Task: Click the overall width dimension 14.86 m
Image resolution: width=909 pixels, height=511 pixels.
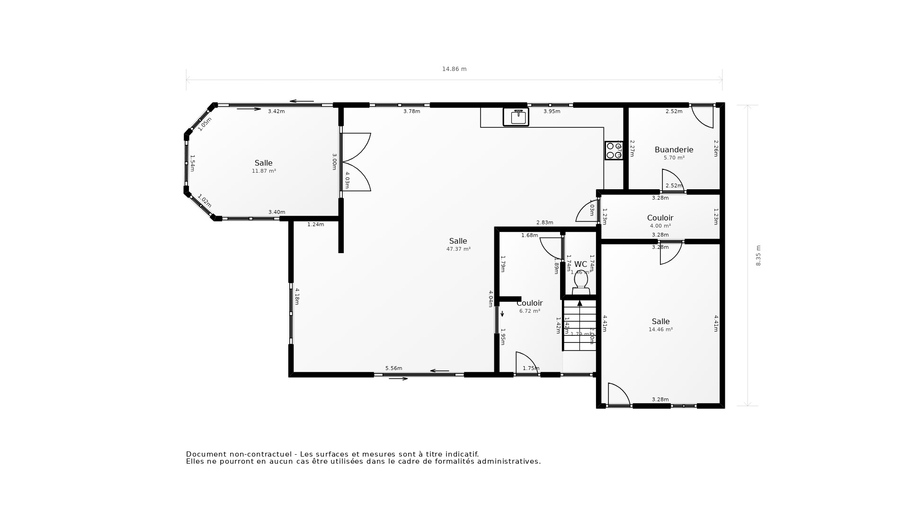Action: [454, 69]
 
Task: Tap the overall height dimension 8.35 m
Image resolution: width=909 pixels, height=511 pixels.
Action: [758, 255]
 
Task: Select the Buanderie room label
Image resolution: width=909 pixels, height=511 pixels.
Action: [674, 150]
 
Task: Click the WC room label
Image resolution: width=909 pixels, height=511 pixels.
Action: [580, 264]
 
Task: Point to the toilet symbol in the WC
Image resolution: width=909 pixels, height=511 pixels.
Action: [581, 283]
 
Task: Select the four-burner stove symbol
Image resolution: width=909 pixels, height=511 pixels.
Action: [614, 150]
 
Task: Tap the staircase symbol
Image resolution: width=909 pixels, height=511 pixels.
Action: [579, 326]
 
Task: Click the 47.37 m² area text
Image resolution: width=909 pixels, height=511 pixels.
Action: [458, 249]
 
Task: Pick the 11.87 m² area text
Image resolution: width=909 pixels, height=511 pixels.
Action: [264, 171]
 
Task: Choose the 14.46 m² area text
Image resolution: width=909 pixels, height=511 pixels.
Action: [660, 329]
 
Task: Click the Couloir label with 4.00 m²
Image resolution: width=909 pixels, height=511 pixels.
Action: [660, 218]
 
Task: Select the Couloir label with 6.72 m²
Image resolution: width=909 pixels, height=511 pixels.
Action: [530, 303]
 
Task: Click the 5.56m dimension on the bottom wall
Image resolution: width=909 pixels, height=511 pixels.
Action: [393, 368]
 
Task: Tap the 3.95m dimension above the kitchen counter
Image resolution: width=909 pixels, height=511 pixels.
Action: [552, 111]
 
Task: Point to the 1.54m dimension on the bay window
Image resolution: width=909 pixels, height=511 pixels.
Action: [192, 163]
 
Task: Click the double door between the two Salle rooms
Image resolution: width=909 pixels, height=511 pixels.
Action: [356, 162]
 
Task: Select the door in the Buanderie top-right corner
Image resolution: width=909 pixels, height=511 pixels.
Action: [703, 116]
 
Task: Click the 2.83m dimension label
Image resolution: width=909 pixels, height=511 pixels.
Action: [544, 222]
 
